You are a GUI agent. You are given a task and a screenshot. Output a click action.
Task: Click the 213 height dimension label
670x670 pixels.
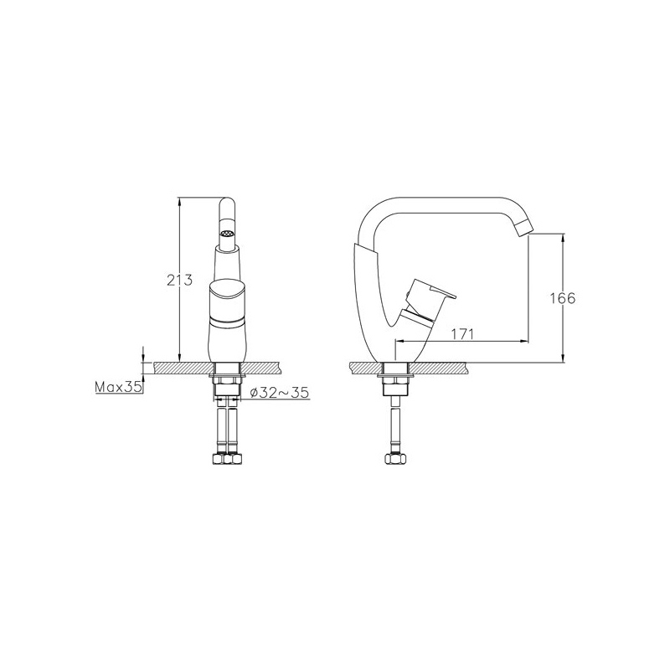tap(179, 280)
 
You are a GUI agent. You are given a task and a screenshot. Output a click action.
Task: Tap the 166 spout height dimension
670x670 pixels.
tap(562, 298)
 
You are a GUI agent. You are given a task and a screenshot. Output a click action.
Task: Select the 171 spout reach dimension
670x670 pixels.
tap(462, 333)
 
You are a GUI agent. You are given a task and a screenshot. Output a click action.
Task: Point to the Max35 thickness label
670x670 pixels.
tap(118, 387)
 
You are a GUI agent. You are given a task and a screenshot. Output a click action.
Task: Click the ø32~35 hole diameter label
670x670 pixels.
tap(280, 392)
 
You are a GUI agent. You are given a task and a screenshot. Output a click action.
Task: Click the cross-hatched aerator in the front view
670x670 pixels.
tap(227, 234)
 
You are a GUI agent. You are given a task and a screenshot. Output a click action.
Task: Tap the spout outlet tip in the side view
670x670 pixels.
tap(523, 228)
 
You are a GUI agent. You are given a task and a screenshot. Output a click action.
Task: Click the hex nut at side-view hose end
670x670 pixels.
tap(395, 458)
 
